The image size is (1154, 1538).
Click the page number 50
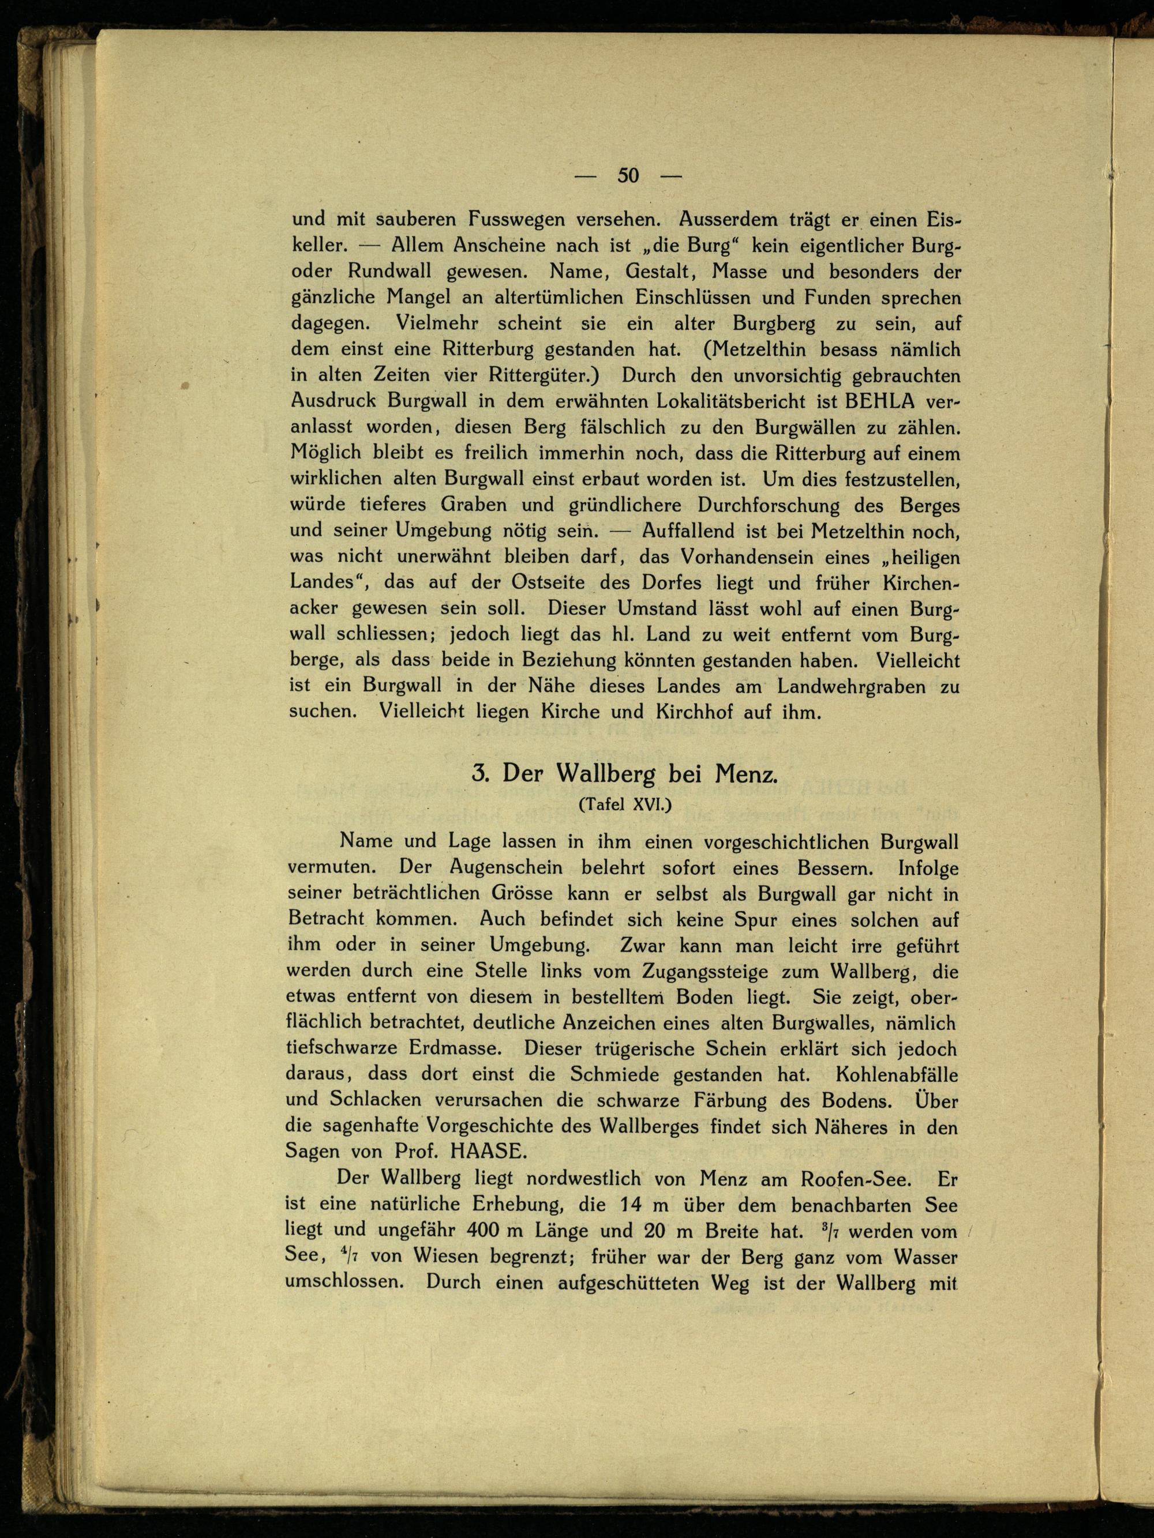click(x=627, y=175)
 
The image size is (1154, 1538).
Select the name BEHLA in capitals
click(x=883, y=402)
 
